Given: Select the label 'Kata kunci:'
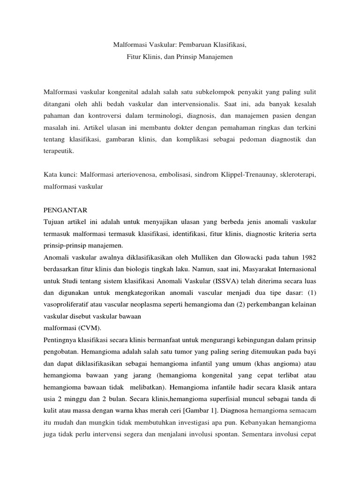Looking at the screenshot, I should [x=60, y=174].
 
